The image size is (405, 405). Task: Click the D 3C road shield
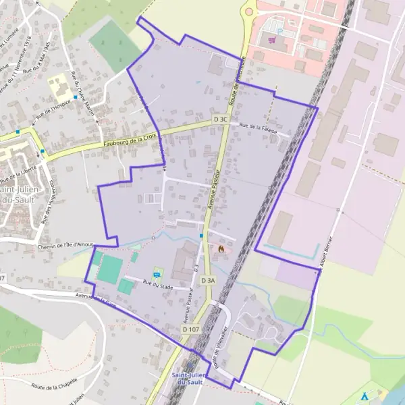221,119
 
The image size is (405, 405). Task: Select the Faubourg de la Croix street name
130,140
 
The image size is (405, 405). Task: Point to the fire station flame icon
220,248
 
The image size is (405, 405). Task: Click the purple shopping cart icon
272,40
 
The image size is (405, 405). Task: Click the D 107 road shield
190,329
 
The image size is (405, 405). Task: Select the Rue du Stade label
157,285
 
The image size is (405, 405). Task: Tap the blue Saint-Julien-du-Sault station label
190,379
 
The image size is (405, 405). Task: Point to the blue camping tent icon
365,396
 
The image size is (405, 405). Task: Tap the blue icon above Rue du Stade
157,273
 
